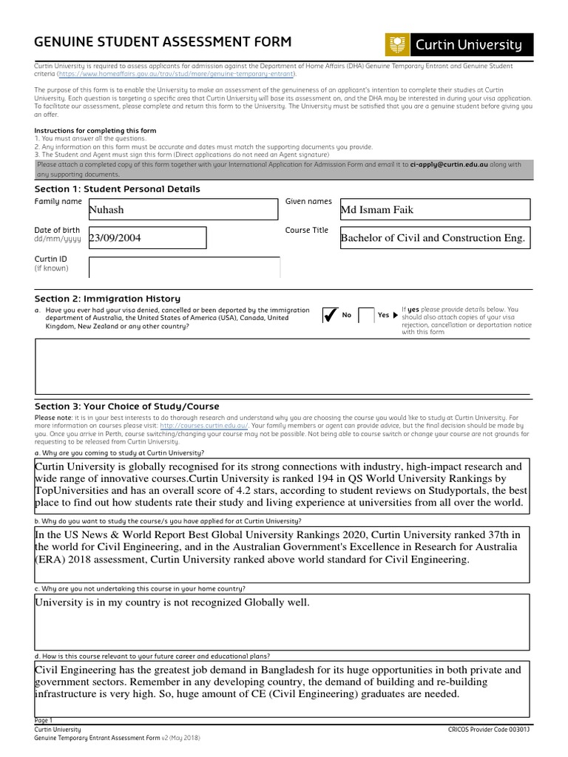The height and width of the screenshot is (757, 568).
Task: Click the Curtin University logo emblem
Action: click(396, 44)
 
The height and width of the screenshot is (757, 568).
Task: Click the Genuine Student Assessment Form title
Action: click(163, 42)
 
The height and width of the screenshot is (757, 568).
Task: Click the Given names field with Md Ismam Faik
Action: click(434, 210)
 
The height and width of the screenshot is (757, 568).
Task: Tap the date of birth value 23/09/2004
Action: click(146, 238)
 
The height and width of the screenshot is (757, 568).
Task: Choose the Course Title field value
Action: click(434, 238)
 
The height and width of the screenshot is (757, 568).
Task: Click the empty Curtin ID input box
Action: click(183, 267)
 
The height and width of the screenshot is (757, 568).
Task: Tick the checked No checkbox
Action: click(330, 316)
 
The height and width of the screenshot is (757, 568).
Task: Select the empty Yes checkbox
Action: click(365, 316)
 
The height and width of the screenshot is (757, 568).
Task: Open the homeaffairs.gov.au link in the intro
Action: click(177, 74)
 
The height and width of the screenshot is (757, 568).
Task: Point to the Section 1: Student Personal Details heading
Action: click(117, 189)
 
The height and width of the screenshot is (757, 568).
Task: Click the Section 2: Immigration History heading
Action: click(107, 299)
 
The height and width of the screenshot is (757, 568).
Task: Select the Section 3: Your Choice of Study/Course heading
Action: click(127, 407)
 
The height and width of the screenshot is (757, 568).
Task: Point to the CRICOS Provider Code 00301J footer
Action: click(489, 729)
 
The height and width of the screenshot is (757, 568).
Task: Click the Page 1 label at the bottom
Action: click(44, 720)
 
